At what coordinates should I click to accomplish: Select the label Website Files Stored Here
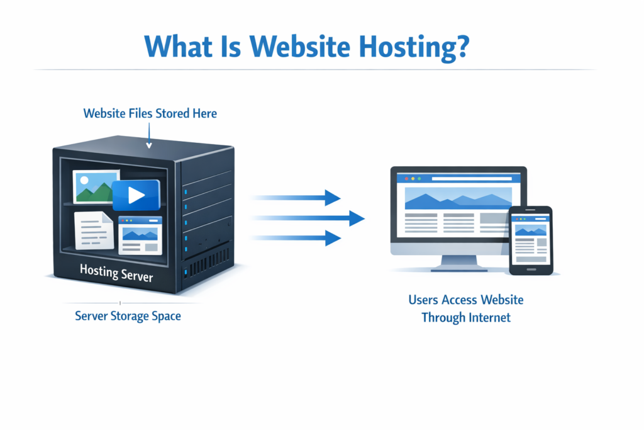(150, 114)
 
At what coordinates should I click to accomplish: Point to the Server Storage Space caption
(128, 315)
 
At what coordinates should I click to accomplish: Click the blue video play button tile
(136, 195)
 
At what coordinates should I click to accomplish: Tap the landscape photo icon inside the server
(96, 187)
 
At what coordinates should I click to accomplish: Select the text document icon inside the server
(93, 230)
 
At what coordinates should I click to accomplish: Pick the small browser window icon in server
(140, 235)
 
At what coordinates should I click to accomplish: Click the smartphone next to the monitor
(530, 240)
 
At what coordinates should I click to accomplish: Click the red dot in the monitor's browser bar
(400, 178)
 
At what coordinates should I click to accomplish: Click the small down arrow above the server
(149, 145)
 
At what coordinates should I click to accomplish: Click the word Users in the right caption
(423, 300)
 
